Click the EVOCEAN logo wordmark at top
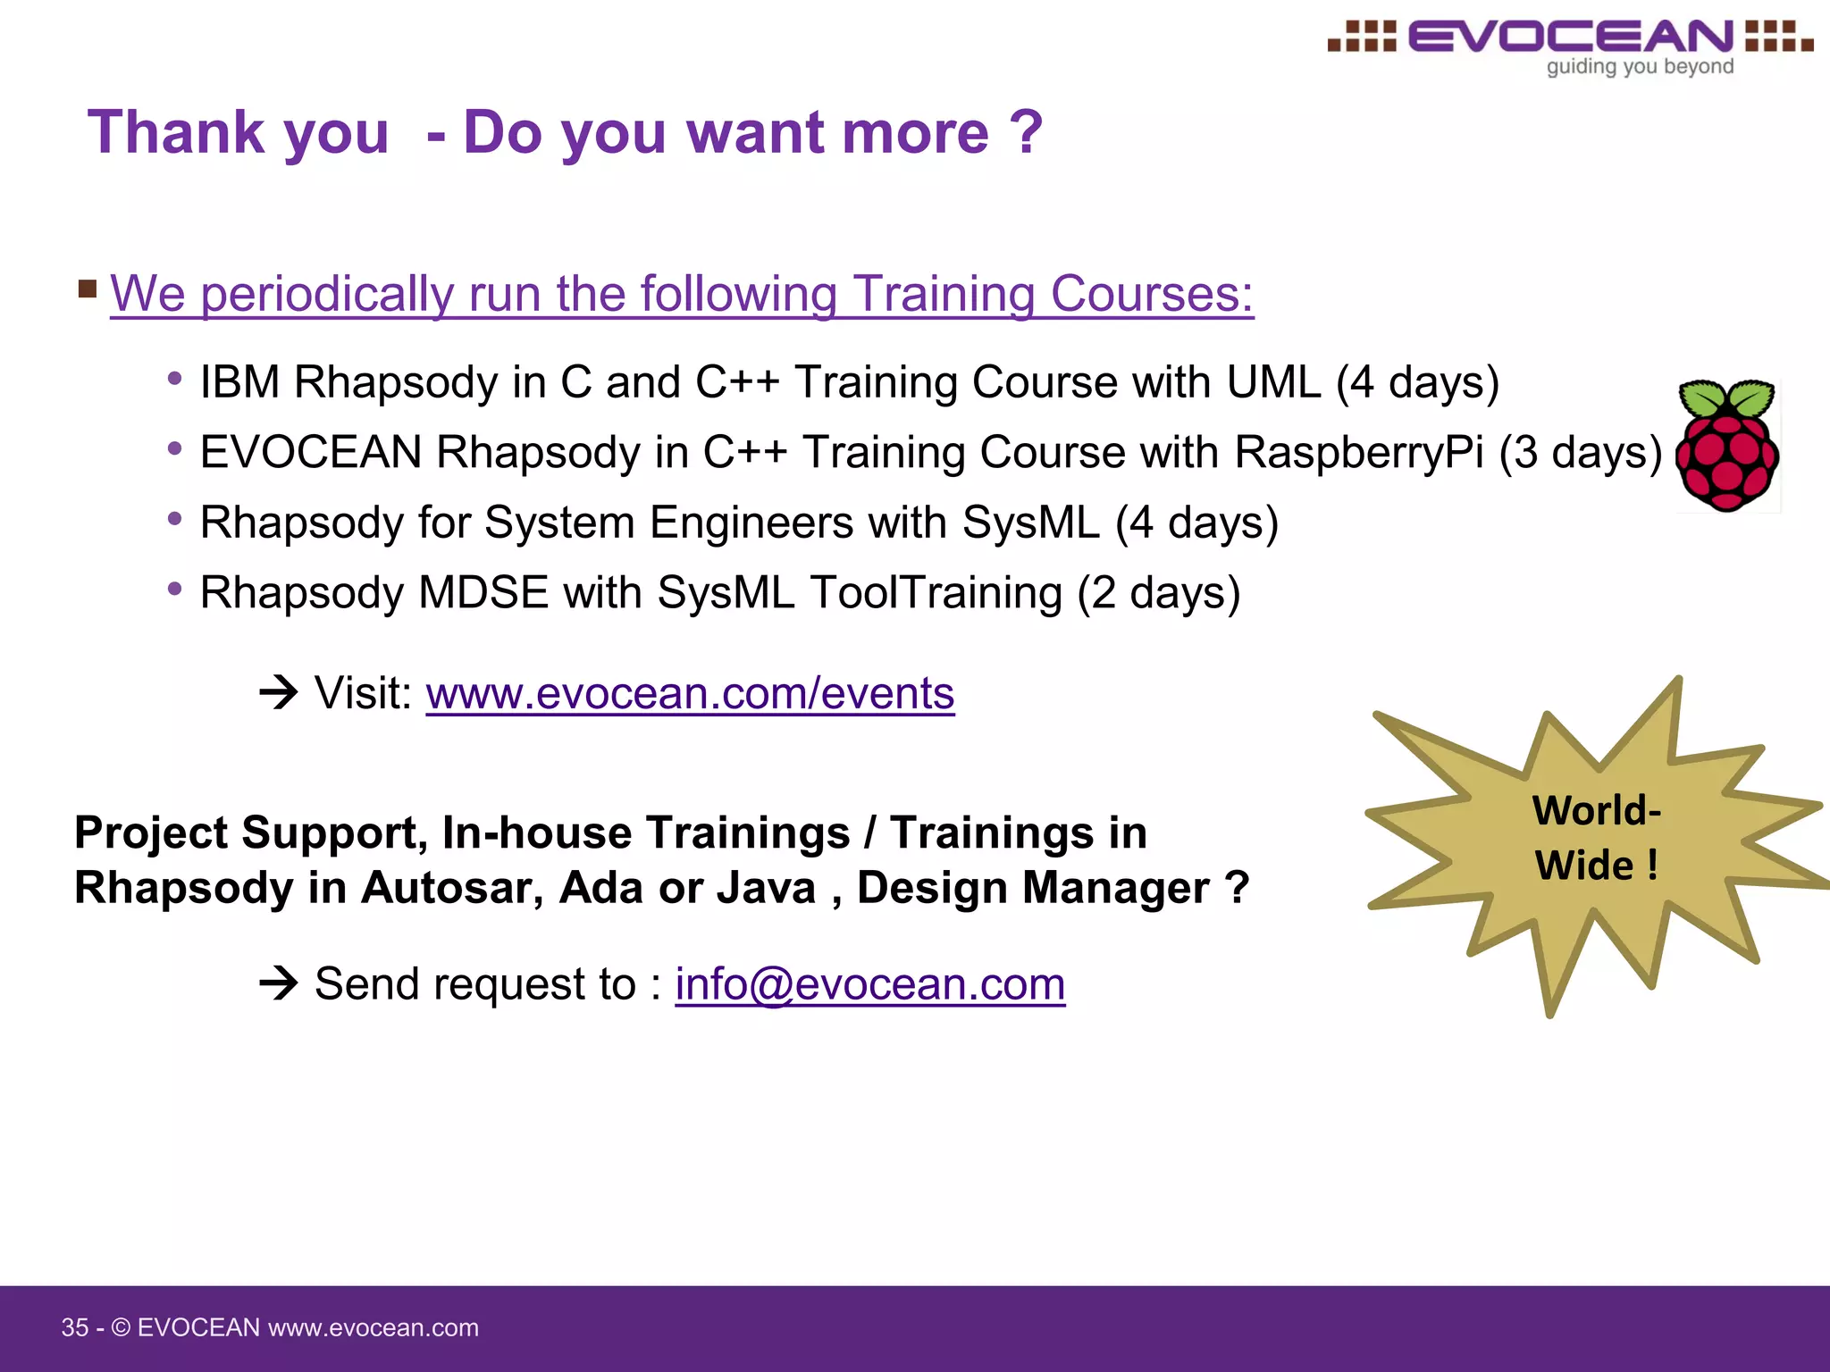pyautogui.click(x=1571, y=37)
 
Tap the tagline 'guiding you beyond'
pyautogui.click(x=1640, y=67)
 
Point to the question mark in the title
pyautogui.click(x=1026, y=132)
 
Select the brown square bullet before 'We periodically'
pyautogui.click(x=88, y=289)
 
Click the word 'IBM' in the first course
pyautogui.click(x=239, y=382)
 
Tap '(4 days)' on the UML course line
pyautogui.click(x=1417, y=382)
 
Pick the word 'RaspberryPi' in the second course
pyautogui.click(x=1358, y=452)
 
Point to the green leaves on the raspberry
pyautogui.click(x=1726, y=397)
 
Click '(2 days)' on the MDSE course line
pyautogui.click(x=1158, y=593)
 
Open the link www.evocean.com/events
pyautogui.click(x=690, y=694)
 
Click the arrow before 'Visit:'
pyautogui.click(x=278, y=692)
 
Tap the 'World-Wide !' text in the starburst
pyautogui.click(x=1596, y=838)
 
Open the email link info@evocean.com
pyautogui.click(x=869, y=985)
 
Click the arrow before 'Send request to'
pyautogui.click(x=278, y=983)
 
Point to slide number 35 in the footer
pyautogui.click(x=74, y=1327)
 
